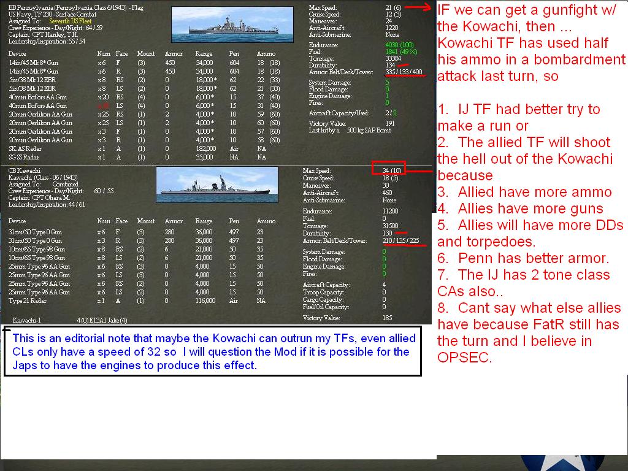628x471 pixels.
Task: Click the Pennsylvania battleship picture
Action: click(x=232, y=25)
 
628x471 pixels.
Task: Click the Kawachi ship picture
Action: click(x=217, y=185)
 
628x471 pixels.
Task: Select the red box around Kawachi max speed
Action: click(x=388, y=168)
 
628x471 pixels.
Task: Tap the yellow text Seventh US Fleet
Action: click(x=70, y=21)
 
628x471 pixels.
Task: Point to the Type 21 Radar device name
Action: click(x=27, y=301)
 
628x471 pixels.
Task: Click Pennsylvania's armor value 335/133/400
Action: click(x=404, y=72)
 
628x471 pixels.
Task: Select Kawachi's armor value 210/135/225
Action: click(x=400, y=240)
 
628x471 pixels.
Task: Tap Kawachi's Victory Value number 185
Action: click(x=387, y=318)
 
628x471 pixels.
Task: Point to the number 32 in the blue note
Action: click(x=158, y=352)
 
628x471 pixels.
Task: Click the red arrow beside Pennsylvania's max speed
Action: click(x=418, y=7)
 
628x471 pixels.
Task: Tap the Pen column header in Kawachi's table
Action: click(x=234, y=221)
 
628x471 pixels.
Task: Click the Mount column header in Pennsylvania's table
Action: click(x=146, y=54)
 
